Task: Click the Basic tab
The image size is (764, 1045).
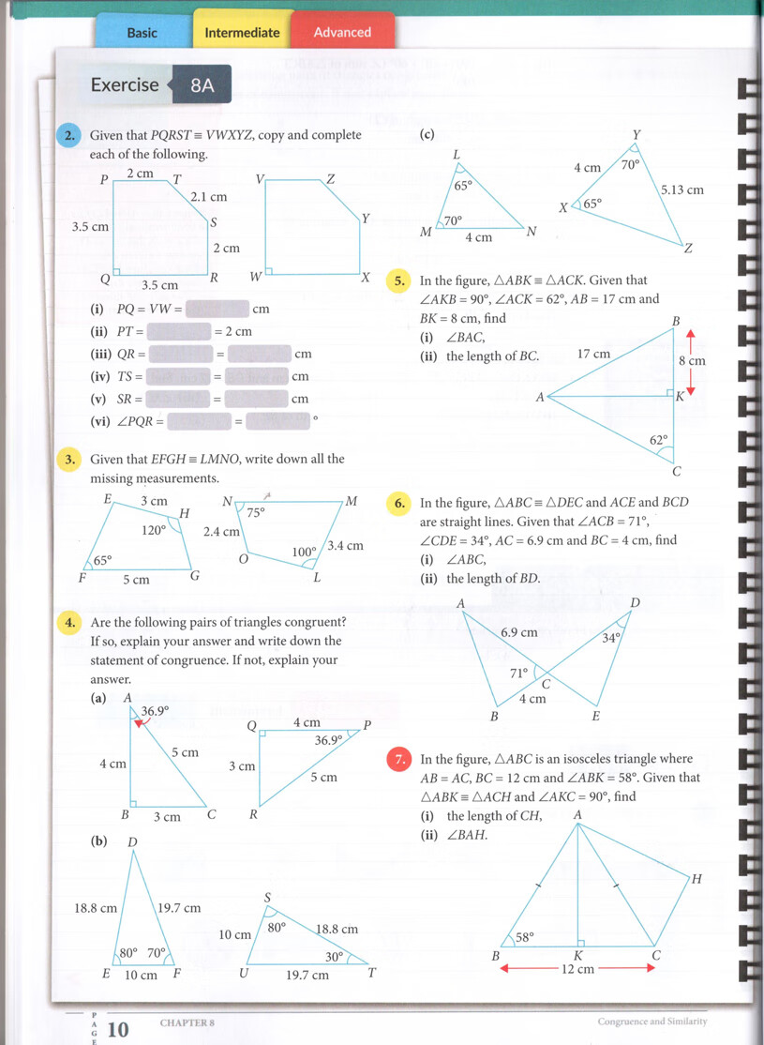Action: (142, 33)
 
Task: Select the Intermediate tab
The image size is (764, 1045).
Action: (242, 33)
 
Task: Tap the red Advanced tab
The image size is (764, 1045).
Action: (342, 33)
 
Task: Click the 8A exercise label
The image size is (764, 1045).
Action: (202, 85)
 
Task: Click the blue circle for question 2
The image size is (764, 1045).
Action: (69, 136)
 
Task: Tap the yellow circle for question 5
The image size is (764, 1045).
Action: (399, 280)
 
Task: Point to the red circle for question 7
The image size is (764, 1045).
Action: (399, 760)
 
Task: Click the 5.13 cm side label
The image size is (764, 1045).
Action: (682, 189)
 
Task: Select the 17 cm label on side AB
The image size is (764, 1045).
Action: (593, 355)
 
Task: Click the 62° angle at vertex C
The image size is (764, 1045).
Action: (659, 439)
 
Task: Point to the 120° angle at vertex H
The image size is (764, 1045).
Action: (153, 530)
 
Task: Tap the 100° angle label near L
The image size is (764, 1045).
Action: (304, 553)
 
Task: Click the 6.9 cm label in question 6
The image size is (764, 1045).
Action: (518, 632)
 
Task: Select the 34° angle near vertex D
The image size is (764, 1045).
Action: (611, 638)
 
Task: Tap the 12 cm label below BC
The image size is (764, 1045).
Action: (577, 969)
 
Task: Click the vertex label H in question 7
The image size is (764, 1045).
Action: (696, 879)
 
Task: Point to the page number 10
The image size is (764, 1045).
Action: (118, 1030)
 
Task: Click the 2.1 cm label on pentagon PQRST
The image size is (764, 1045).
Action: (209, 198)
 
